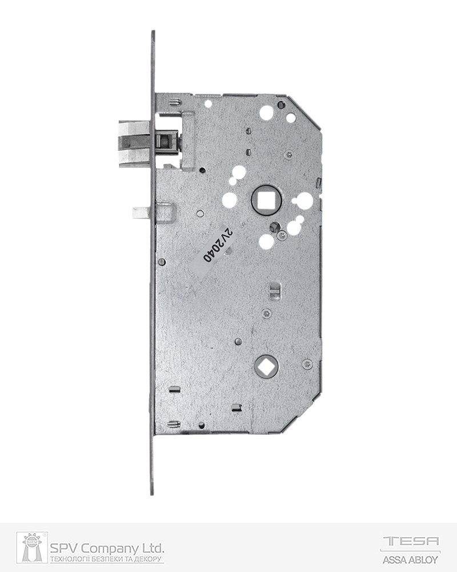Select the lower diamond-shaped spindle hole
tap(266, 367)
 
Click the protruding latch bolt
tap(135, 144)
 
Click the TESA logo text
tap(410, 541)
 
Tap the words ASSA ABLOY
tap(410, 559)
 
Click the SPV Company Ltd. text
tap(107, 548)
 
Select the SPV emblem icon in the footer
tap(32, 547)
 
